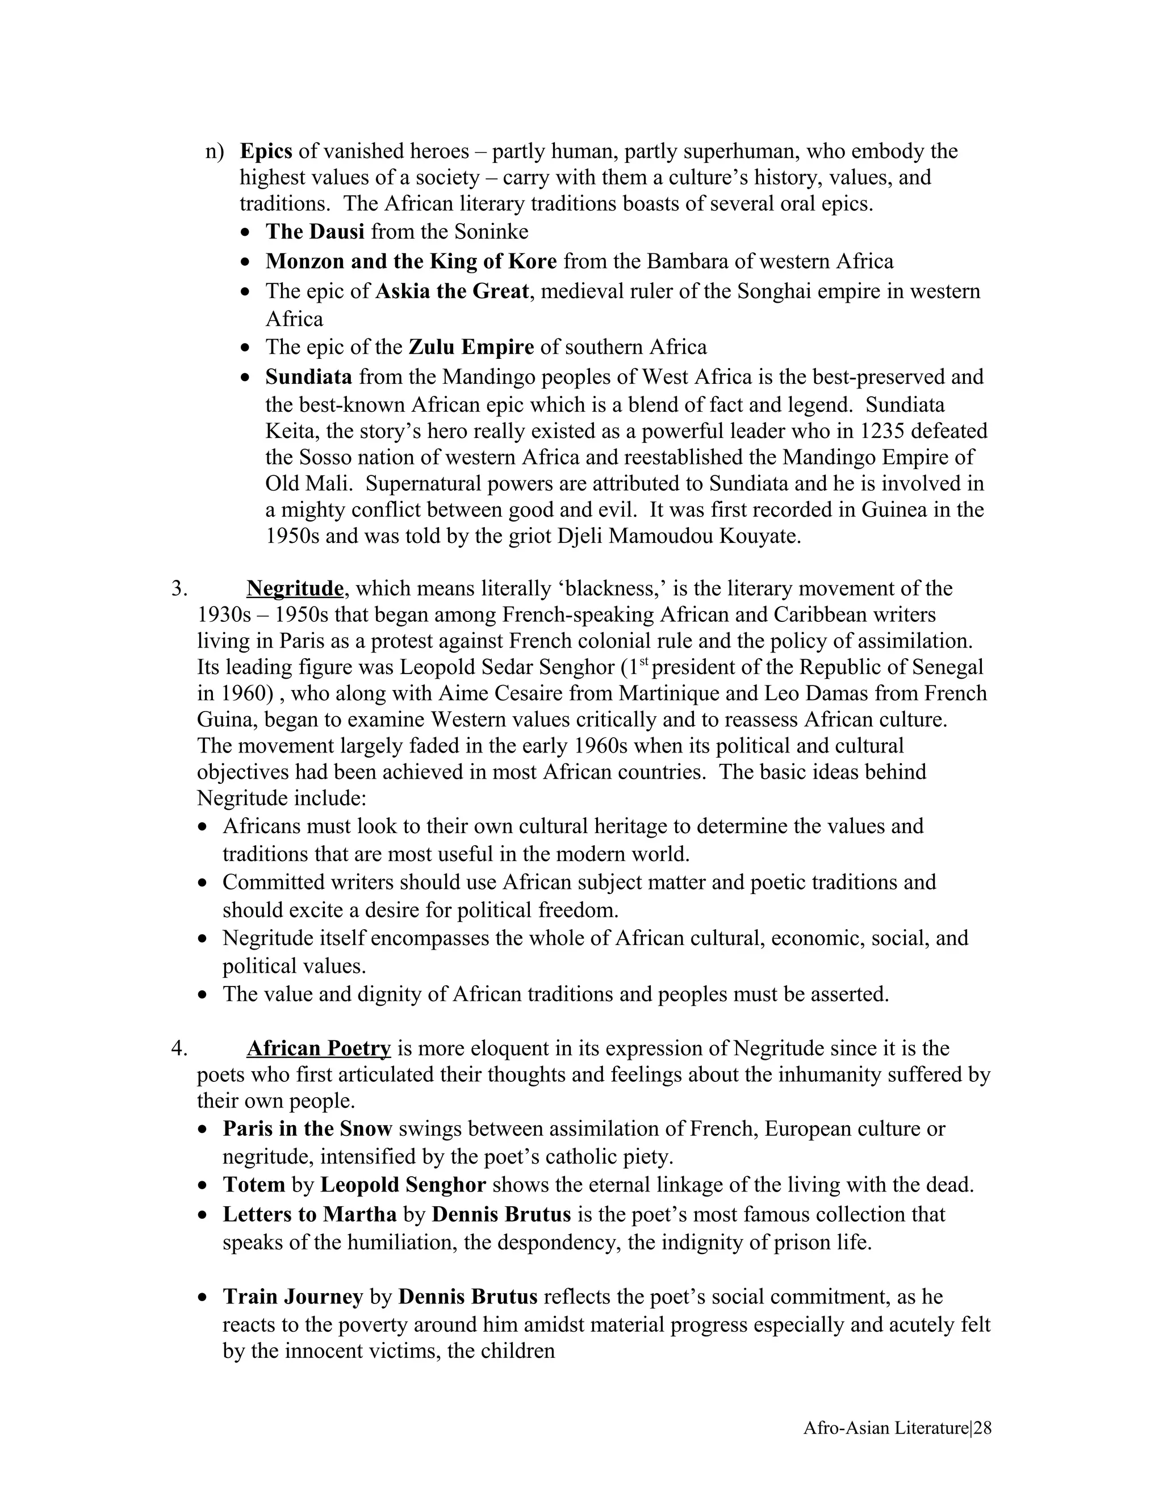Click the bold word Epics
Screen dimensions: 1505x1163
266,151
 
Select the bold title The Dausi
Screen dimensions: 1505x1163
315,232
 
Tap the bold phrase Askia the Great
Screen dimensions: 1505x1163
452,291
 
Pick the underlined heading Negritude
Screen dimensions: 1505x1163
295,588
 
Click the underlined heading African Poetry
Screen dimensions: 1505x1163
319,1048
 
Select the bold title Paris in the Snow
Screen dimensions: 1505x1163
307,1129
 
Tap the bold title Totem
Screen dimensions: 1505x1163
253,1185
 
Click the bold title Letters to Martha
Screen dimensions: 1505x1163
309,1214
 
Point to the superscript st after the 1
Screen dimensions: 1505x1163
644,662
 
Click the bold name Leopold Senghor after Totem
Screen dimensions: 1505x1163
403,1185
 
